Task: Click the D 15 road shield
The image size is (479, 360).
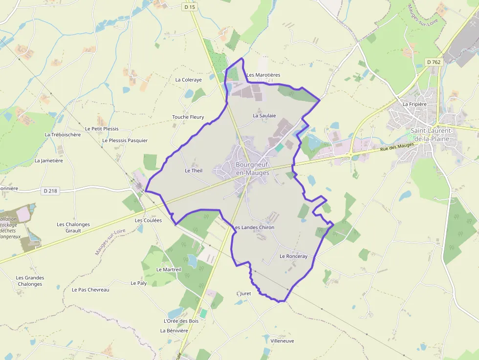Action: tap(190, 7)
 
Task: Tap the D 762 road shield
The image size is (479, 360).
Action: tap(433, 62)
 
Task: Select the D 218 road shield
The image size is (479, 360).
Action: tap(51, 191)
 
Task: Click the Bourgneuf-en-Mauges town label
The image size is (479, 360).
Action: tap(252, 169)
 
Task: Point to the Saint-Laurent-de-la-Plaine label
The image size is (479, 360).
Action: tap(432, 134)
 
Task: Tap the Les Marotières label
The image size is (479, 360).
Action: tap(263, 75)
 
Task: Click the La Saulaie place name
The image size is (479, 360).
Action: tap(264, 116)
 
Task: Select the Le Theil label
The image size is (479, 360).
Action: tap(194, 170)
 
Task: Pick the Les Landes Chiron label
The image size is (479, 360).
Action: tap(254, 228)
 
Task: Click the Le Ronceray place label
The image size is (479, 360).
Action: tap(293, 256)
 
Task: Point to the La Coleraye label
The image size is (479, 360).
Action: tap(188, 80)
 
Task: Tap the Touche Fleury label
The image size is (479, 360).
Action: tap(188, 117)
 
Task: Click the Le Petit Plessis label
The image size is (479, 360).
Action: tap(102, 129)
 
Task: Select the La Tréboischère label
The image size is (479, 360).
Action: tap(63, 134)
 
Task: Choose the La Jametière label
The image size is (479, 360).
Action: tap(49, 160)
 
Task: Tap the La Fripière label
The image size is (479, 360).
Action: tap(415, 104)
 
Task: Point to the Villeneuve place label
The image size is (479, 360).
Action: tap(282, 341)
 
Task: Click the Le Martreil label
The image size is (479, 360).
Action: tap(169, 270)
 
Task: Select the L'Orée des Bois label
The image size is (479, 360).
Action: tap(181, 321)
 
